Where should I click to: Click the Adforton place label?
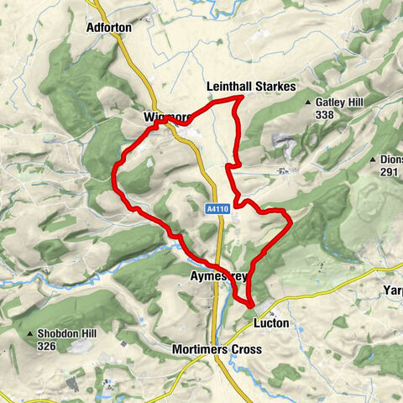[109, 28]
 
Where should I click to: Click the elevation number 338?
[325, 114]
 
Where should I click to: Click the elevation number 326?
[46, 346]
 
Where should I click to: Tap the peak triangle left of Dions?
[371, 160]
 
